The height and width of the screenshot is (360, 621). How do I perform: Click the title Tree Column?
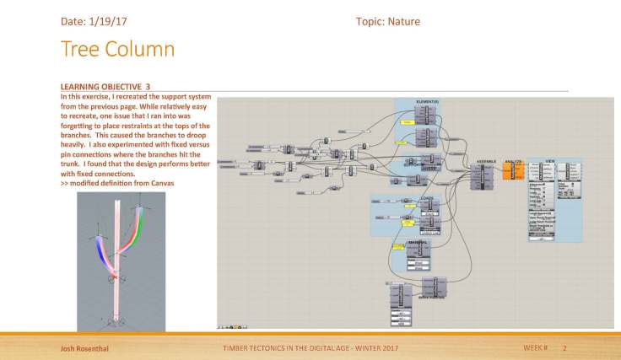coord(117,49)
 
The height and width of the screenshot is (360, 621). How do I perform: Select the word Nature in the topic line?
coord(404,21)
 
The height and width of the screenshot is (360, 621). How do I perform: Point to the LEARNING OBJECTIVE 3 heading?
coord(105,86)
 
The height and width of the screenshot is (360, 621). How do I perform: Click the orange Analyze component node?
coord(513,170)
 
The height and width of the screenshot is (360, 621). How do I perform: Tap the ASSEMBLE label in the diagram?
coord(485,159)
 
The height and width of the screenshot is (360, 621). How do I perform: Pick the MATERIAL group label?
coord(418,243)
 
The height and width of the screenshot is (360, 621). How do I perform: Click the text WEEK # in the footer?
coord(535,347)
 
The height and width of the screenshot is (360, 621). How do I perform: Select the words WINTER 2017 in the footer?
coord(373,347)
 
